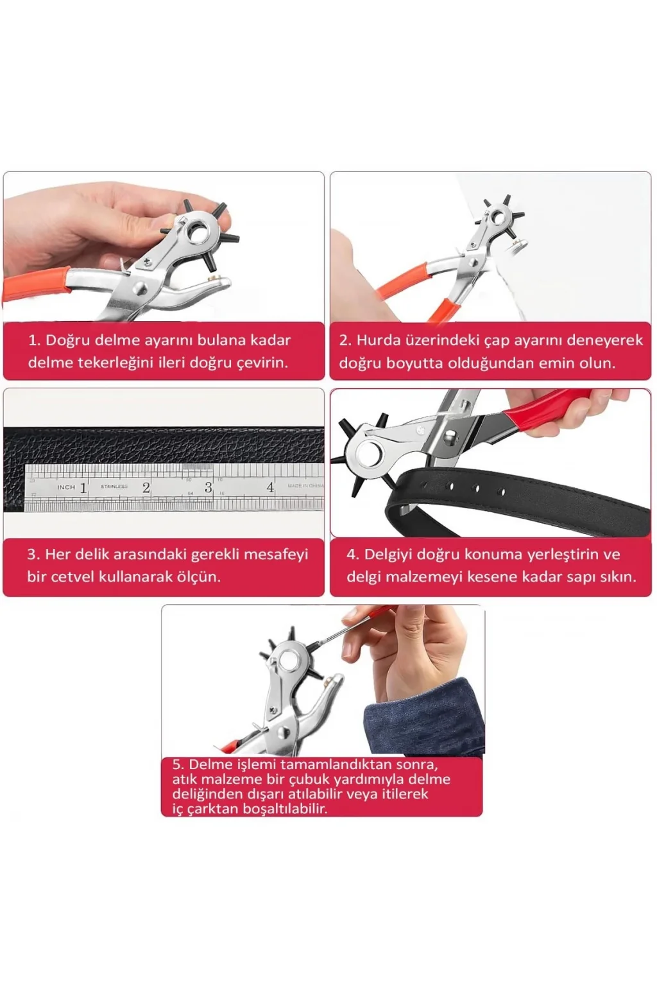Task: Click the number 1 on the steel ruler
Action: point(82,488)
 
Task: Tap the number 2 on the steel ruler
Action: point(146,487)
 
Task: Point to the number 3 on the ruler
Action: point(208,487)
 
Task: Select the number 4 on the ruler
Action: point(270,487)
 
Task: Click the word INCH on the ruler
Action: point(66,487)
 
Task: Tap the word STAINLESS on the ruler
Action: point(114,487)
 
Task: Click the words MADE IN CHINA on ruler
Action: point(305,485)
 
